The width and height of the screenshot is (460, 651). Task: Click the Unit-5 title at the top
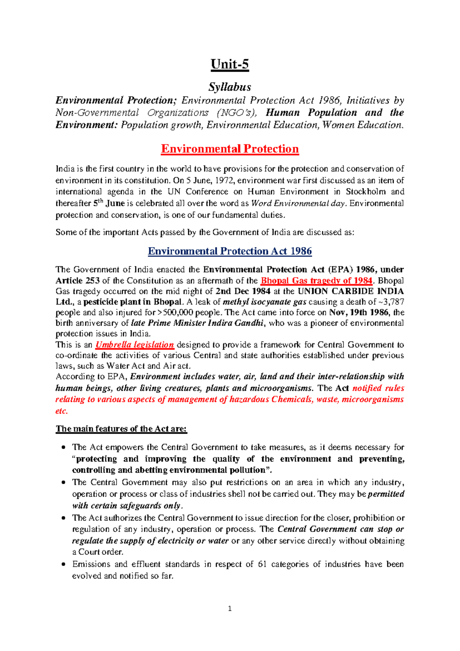(x=230, y=64)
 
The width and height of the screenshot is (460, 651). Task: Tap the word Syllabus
(x=230, y=87)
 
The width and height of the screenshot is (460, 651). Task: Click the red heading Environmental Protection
(x=230, y=149)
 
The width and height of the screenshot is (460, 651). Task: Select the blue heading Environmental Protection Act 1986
(x=230, y=251)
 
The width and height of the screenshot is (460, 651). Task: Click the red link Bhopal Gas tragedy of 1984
(x=316, y=281)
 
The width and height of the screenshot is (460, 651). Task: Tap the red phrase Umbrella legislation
(x=135, y=345)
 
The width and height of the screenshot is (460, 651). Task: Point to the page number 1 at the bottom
(x=230, y=608)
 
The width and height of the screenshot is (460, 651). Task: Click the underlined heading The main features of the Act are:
(x=121, y=429)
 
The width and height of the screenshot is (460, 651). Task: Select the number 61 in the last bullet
(x=262, y=564)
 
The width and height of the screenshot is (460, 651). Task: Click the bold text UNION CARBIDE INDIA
(x=350, y=291)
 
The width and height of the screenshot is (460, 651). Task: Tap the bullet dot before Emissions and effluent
(x=64, y=565)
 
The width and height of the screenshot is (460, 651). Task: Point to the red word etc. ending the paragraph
(x=62, y=411)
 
